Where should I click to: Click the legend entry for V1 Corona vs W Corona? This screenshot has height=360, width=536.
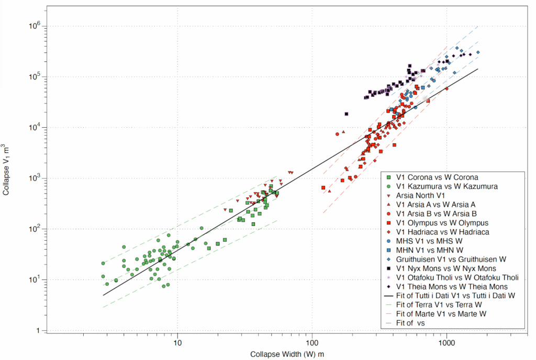click(x=437, y=177)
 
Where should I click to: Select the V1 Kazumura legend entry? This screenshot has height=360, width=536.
click(x=446, y=186)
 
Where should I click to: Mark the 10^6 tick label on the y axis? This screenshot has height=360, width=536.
click(x=32, y=26)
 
